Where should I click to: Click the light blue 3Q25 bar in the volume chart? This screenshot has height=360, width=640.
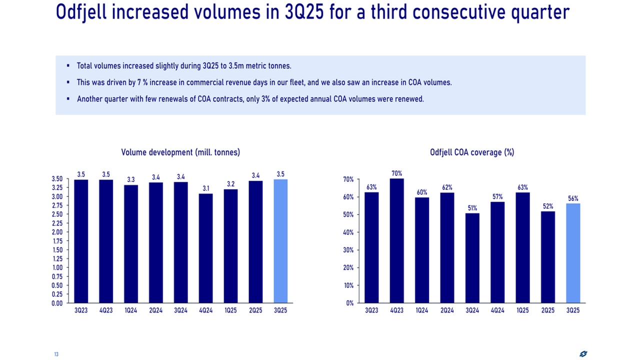(x=280, y=241)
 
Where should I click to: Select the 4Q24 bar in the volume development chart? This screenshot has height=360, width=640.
(x=205, y=248)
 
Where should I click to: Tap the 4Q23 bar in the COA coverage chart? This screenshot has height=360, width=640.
(x=396, y=240)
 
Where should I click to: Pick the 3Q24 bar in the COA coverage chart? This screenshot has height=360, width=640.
(x=472, y=258)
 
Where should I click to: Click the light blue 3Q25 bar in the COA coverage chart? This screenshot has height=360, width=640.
(x=572, y=253)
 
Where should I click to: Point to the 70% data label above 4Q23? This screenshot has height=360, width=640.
(x=396, y=173)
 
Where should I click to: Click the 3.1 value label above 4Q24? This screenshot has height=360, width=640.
(x=205, y=188)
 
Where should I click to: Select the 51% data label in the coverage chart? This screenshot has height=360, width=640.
(x=472, y=208)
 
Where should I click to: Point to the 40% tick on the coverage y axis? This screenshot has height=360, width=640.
(x=348, y=232)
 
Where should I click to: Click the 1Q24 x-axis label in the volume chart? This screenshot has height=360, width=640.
(x=130, y=310)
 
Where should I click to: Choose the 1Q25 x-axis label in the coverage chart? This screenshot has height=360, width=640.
(x=522, y=310)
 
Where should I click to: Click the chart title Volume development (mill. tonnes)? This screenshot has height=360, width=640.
(x=180, y=152)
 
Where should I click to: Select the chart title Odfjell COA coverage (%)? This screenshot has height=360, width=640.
(x=472, y=152)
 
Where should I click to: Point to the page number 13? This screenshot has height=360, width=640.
(x=56, y=354)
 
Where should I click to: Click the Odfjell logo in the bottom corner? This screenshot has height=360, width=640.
(x=583, y=354)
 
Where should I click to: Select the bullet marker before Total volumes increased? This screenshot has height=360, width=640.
(x=68, y=66)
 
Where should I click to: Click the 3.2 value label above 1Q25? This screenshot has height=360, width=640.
(x=230, y=184)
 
